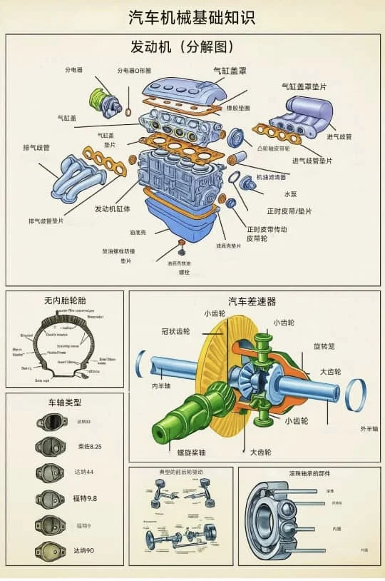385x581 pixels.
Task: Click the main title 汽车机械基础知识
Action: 192,17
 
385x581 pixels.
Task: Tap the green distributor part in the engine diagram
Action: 98,97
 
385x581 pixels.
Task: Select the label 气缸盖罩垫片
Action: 304,86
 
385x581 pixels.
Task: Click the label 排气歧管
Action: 36,148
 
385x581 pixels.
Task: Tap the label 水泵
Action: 291,193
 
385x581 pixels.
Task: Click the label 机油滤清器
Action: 271,176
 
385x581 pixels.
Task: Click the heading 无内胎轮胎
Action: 65,300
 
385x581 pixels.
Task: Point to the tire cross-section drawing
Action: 65,346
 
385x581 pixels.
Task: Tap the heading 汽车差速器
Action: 252,301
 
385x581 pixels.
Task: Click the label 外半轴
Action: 369,429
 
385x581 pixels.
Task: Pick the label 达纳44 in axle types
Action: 85,473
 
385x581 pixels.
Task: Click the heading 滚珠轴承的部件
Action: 309,473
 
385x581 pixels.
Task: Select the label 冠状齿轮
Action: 175,331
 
